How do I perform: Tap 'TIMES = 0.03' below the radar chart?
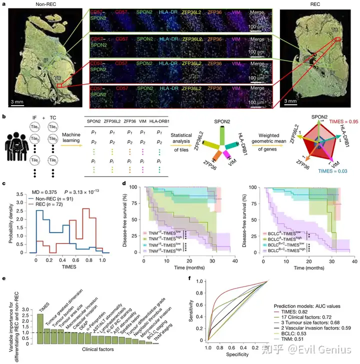[333, 171]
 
